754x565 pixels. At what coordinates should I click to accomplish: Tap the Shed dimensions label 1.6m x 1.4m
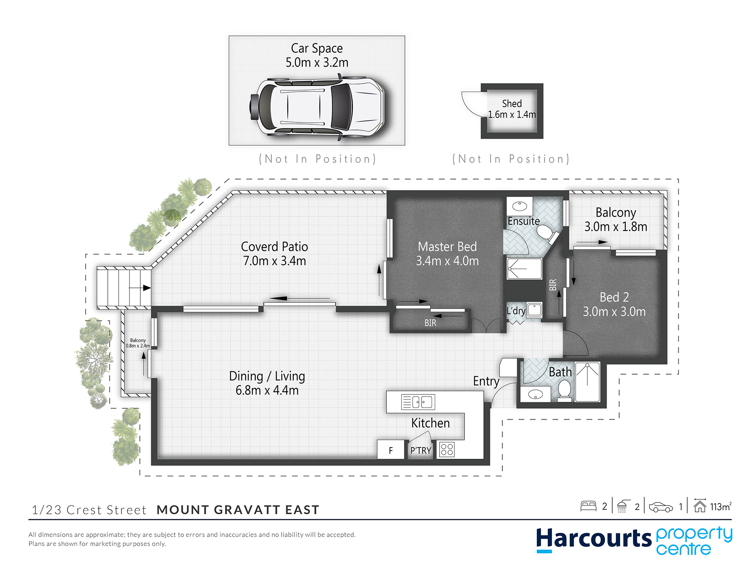pyautogui.click(x=512, y=115)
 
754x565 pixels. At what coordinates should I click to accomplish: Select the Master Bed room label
pyautogui.click(x=447, y=247)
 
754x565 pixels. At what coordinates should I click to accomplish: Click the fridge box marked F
pyautogui.click(x=391, y=450)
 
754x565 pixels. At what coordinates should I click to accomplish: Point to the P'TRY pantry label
pyautogui.click(x=420, y=450)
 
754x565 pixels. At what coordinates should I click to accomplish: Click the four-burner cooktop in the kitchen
pyautogui.click(x=447, y=449)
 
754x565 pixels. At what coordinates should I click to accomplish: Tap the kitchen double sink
pyautogui.click(x=418, y=402)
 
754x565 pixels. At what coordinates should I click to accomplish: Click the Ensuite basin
pyautogui.click(x=520, y=206)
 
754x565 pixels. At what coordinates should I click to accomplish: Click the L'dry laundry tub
pyautogui.click(x=534, y=310)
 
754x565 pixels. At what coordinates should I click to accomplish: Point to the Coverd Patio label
pyautogui.click(x=274, y=247)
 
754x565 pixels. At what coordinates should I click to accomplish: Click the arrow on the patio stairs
pyautogui.click(x=140, y=288)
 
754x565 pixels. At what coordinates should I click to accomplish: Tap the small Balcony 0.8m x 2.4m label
pyautogui.click(x=138, y=343)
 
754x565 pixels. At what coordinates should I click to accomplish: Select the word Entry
pyautogui.click(x=486, y=381)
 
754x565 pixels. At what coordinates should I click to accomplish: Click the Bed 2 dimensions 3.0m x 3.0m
pyautogui.click(x=614, y=312)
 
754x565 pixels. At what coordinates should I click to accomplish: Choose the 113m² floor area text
pyautogui.click(x=720, y=507)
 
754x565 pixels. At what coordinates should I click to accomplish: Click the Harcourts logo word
pyautogui.click(x=594, y=539)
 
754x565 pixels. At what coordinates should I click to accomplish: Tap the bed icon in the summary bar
pyautogui.click(x=588, y=506)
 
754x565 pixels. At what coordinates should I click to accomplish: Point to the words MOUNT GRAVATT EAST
pyautogui.click(x=238, y=510)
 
